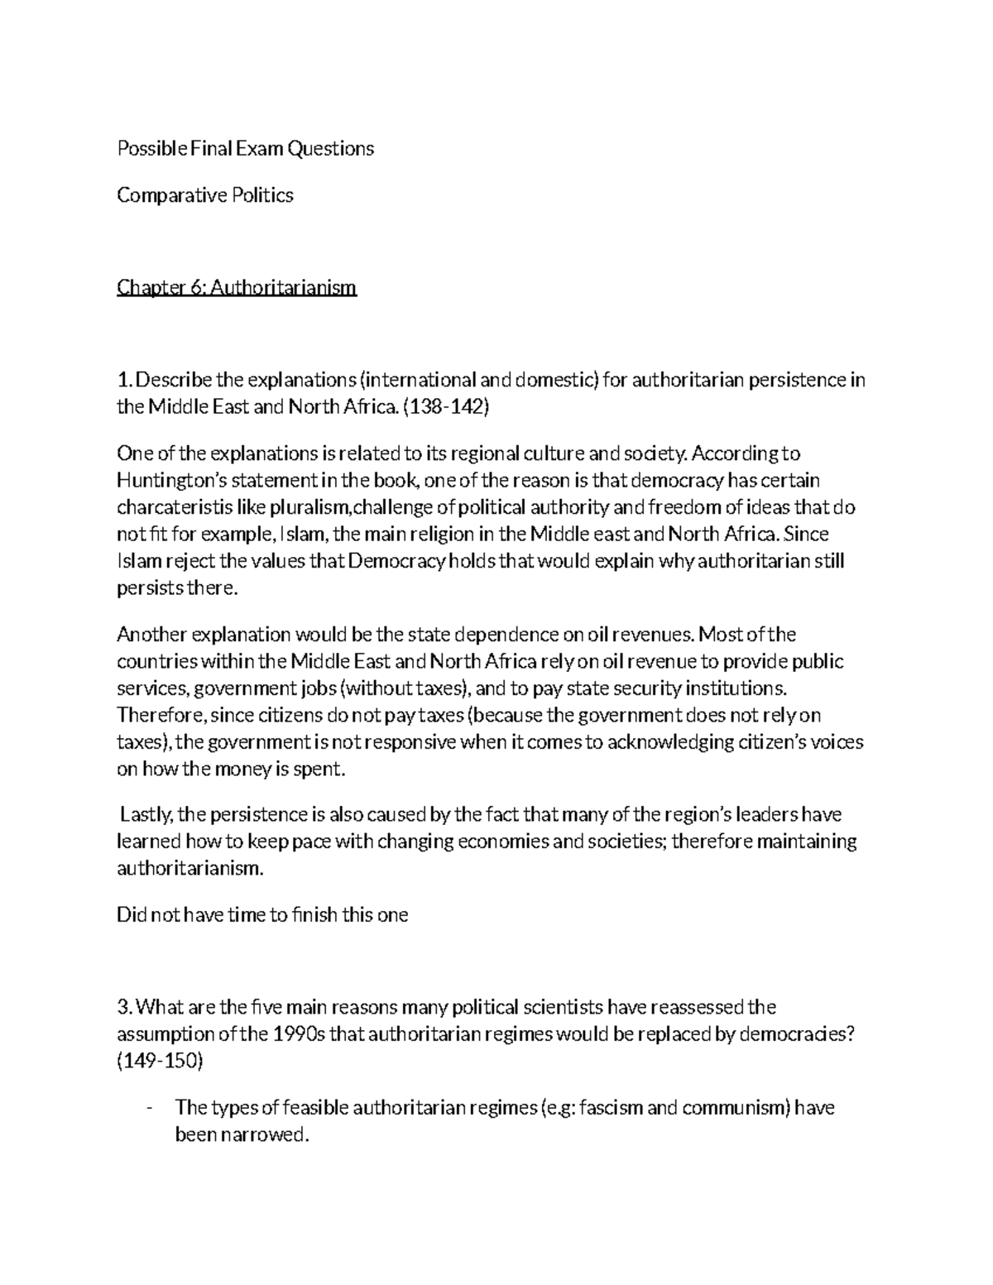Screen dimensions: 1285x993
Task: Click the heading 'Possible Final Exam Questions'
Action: [x=245, y=149]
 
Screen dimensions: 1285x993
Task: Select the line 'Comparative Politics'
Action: [x=205, y=196]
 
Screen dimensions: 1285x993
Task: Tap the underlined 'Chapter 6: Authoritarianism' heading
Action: [x=237, y=288]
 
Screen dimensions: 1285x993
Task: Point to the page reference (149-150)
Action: [x=161, y=1062]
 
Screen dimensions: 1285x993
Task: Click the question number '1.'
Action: [x=124, y=381]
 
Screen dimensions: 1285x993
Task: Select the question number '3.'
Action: [x=125, y=1008]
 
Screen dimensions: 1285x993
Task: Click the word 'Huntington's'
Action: [x=170, y=481]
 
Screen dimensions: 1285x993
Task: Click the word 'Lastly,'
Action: [x=146, y=816]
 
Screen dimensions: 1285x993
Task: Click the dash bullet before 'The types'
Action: [x=147, y=1108]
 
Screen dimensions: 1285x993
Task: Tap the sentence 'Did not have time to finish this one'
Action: [x=262, y=916]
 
